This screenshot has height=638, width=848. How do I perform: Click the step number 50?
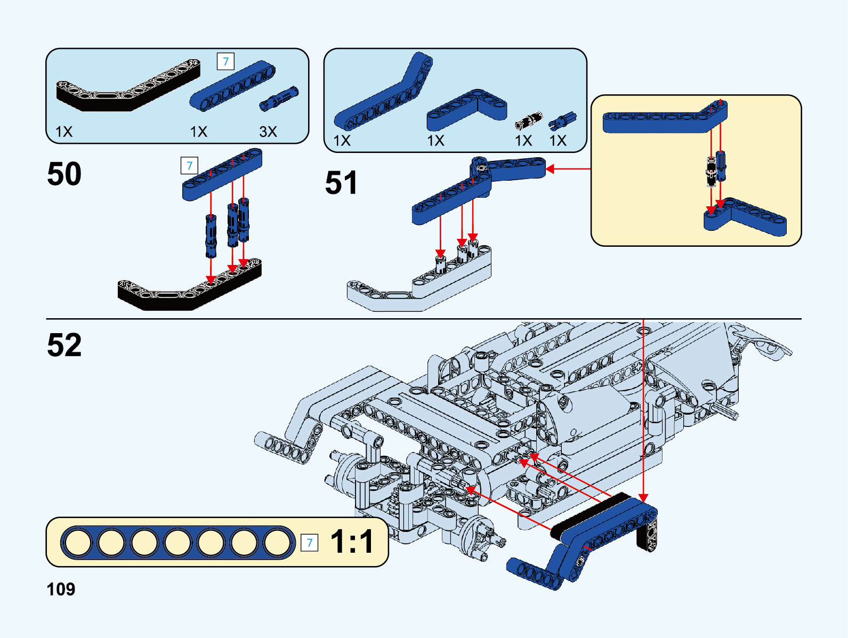[x=64, y=174]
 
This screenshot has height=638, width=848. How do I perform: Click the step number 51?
[x=341, y=183]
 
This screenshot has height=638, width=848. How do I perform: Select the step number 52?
[x=64, y=345]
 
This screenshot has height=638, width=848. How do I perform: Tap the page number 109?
[x=61, y=589]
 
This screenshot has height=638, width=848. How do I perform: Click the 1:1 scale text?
[x=352, y=542]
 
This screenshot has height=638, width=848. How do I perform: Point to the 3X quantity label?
[x=268, y=132]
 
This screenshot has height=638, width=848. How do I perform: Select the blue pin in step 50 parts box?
[x=279, y=99]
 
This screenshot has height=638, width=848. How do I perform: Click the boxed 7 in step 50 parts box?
[x=225, y=62]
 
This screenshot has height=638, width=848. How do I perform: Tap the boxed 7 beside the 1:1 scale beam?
[x=309, y=543]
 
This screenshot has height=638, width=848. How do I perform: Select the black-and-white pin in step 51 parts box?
[x=528, y=122]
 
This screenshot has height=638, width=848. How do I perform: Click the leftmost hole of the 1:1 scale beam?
[x=78, y=543]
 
